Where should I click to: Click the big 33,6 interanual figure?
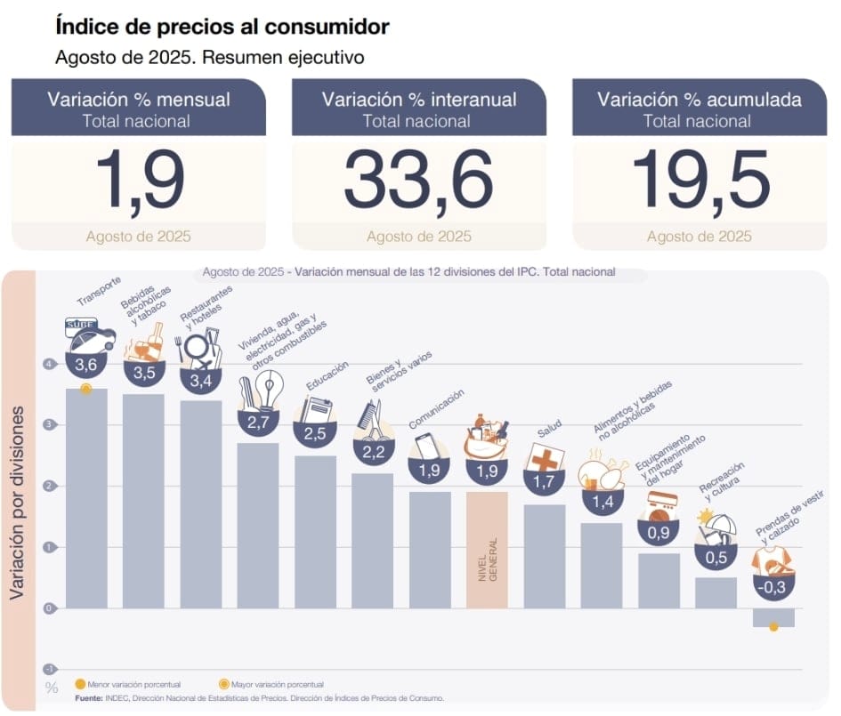tap(418, 180)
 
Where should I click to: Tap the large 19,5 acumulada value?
tap(699, 180)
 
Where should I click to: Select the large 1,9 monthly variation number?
tap(139, 180)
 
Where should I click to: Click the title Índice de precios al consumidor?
tap(222, 27)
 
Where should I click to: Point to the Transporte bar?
tap(86, 498)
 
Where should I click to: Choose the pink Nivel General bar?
tap(487, 550)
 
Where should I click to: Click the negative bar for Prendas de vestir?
tap(772, 616)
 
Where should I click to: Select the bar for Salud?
tap(544, 556)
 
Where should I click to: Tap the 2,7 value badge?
tap(258, 422)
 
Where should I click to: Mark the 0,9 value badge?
tap(658, 533)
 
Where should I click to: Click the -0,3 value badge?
tap(772, 586)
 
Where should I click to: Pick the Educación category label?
tap(327, 376)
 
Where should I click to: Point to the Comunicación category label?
tap(436, 409)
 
